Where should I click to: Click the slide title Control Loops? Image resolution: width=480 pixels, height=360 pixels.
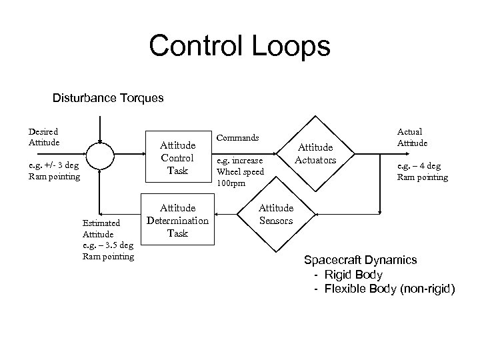click(x=239, y=46)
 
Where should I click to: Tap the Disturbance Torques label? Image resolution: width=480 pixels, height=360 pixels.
click(x=108, y=98)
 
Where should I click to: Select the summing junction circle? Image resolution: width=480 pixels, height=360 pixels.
click(x=99, y=159)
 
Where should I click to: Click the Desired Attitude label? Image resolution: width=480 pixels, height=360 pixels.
click(x=43, y=137)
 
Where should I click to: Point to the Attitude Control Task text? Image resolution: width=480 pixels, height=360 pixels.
click(x=178, y=158)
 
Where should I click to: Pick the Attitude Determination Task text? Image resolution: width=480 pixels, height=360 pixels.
click(x=177, y=221)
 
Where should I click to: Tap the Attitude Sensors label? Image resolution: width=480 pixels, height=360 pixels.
click(x=276, y=215)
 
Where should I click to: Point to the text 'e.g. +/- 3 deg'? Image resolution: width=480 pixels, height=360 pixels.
click(x=54, y=165)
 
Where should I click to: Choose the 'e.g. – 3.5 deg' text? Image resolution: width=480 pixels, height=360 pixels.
click(x=108, y=245)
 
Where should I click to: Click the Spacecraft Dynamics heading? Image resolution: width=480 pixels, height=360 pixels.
click(x=360, y=259)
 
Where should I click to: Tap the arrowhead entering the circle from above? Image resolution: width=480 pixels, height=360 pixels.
click(x=99, y=141)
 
